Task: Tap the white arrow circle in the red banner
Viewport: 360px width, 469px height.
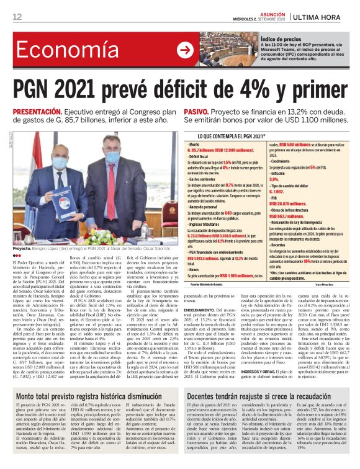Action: click(184, 50)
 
